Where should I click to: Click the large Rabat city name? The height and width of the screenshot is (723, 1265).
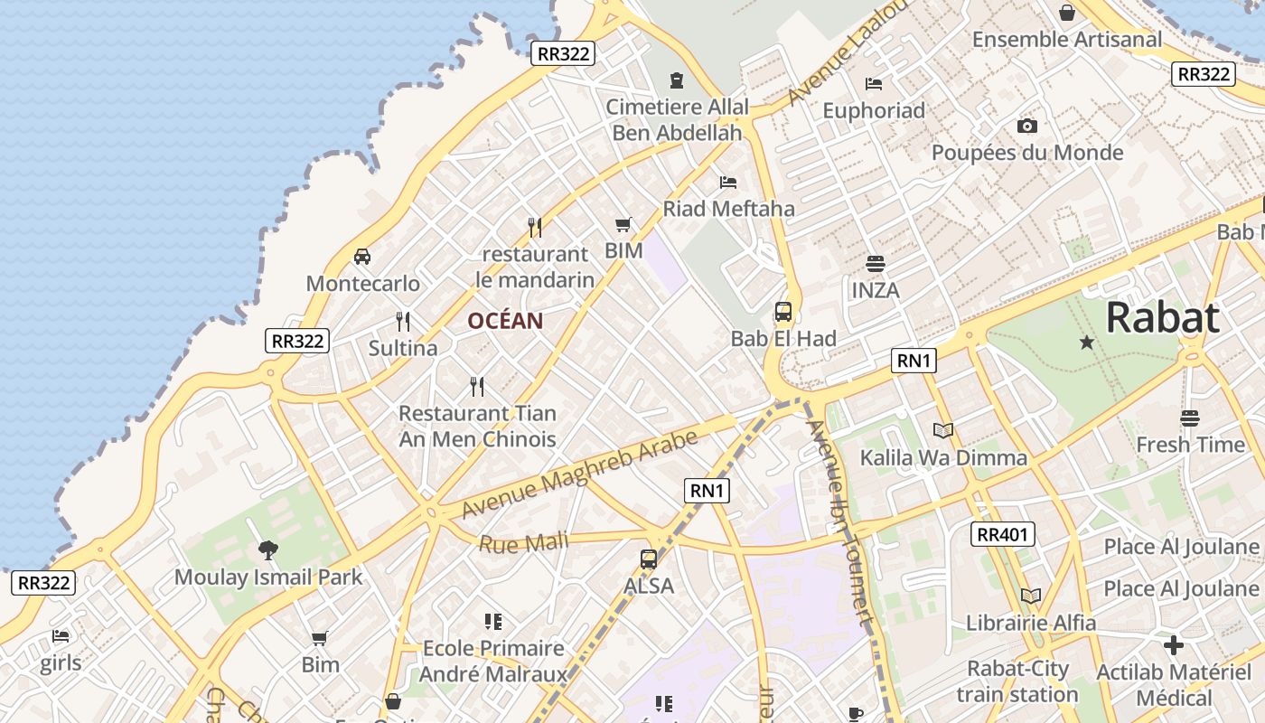pos(1162,318)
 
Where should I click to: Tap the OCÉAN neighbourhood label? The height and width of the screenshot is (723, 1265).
pos(505,321)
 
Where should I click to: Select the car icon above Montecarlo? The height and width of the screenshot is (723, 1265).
pos(362,257)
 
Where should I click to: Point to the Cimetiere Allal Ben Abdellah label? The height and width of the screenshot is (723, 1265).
pos(677,119)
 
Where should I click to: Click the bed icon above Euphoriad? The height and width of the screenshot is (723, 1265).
pos(874,84)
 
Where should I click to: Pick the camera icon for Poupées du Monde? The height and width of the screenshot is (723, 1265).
pos(1027,126)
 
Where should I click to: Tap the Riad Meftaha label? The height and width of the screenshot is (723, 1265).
pos(728,209)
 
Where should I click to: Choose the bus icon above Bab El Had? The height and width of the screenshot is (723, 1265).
pos(783,312)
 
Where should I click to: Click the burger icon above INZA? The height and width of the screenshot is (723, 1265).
pos(875,264)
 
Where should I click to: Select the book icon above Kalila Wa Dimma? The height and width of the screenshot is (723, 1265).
pos(943,431)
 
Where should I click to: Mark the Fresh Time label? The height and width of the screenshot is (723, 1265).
pos(1190,445)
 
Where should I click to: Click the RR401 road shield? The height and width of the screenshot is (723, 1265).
pos(1003,534)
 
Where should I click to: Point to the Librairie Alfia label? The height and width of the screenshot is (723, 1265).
pos(1031,623)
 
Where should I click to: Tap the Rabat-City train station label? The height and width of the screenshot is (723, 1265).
pos(1017,681)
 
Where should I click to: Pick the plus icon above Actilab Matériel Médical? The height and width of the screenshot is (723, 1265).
pos(1174,645)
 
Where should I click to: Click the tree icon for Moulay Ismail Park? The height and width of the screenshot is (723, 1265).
pos(268,549)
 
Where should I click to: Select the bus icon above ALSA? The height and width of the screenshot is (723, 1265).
pos(649,559)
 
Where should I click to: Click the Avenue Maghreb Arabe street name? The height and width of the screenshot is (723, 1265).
pos(579,474)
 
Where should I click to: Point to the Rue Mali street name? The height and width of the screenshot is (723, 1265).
pos(524,543)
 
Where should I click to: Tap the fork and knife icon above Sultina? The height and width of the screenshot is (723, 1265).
pos(403,321)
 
